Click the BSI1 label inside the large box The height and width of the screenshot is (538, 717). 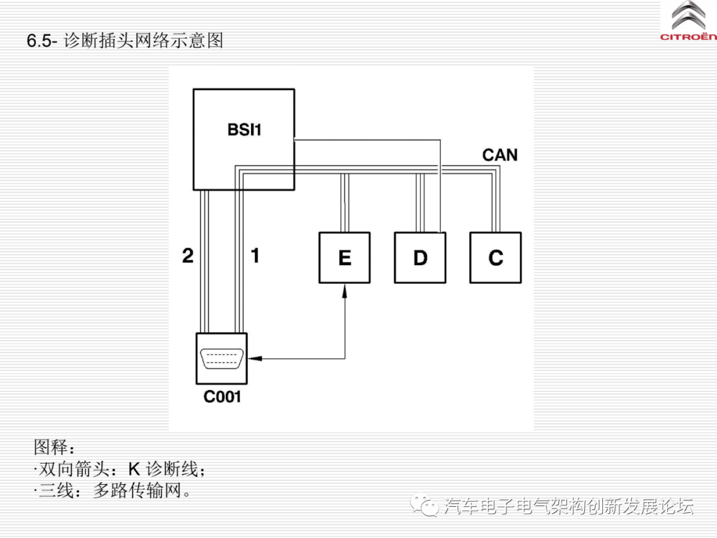244,130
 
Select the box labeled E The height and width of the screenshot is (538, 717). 345,258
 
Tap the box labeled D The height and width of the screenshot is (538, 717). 420,258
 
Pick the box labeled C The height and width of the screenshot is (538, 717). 495,258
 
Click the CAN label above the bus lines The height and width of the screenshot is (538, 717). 499,155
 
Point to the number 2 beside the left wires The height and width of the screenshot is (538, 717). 188,256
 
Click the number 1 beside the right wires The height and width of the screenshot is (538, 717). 255,256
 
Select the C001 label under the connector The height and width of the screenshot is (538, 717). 222,397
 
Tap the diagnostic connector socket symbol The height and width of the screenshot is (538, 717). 222,359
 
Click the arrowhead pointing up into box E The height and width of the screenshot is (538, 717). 345,290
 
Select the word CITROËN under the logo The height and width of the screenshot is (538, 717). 688,38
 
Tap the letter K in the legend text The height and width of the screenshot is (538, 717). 134,470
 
